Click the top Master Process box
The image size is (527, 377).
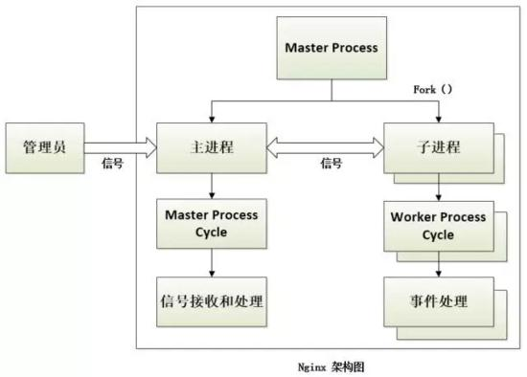point(331,47)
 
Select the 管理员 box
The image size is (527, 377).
point(43,147)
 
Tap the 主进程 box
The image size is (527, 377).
point(210,148)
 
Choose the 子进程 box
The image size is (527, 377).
point(438,148)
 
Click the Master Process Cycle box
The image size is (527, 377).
point(211,222)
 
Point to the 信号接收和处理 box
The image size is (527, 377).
point(211,299)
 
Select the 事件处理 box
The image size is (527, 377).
point(438,300)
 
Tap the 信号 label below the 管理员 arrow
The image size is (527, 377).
point(112,164)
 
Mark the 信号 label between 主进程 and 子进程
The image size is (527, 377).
point(331,164)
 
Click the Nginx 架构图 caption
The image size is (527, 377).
point(332,366)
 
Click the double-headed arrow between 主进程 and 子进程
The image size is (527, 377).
point(325,147)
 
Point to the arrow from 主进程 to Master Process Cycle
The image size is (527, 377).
point(211,185)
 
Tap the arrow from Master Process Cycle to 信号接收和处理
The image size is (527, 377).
point(211,260)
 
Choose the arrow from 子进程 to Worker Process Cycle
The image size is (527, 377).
point(438,187)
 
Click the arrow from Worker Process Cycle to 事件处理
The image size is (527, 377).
point(438,262)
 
